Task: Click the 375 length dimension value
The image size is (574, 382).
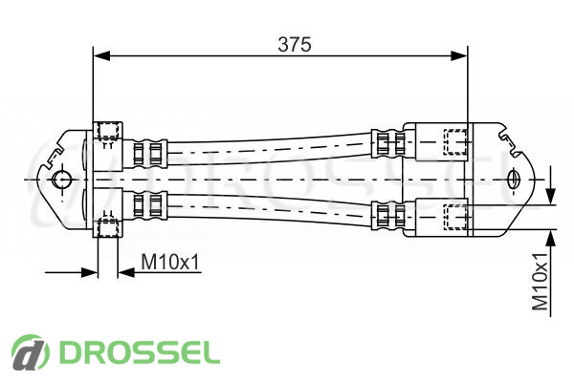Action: pyautogui.click(x=295, y=45)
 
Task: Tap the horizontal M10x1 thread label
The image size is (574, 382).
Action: pyautogui.click(x=170, y=262)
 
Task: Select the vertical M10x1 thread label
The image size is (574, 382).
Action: pyautogui.click(x=540, y=281)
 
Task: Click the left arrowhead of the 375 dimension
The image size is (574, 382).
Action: pyautogui.click(x=101, y=56)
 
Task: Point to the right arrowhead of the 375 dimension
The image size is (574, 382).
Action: pyautogui.click(x=459, y=56)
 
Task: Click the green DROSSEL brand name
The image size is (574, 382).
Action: pyautogui.click(x=140, y=352)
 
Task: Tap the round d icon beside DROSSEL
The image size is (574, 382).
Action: pyautogui.click(x=31, y=352)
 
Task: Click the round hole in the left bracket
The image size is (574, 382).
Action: pyautogui.click(x=61, y=180)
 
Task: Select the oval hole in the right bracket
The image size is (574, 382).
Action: pyautogui.click(x=513, y=180)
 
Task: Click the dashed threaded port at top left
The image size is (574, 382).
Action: pyautogui.click(x=107, y=131)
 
